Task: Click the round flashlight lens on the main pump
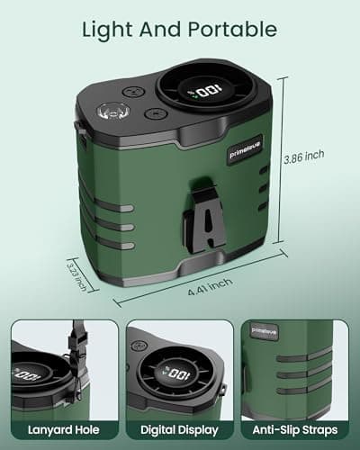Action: (x=114, y=112)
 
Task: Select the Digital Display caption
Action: (x=180, y=429)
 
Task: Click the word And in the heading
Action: (x=166, y=30)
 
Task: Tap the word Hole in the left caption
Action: (x=87, y=429)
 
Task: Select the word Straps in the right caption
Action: (x=320, y=429)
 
